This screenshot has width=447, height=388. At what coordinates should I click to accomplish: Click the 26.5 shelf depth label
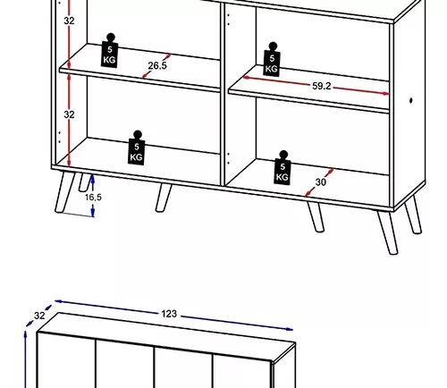[x=157, y=65]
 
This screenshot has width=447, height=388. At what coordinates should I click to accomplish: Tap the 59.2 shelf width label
[x=322, y=86]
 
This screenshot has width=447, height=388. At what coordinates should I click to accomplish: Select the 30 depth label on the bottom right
[x=320, y=181]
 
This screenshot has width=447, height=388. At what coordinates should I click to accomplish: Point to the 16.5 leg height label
[x=93, y=197]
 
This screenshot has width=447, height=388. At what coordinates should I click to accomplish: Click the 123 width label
[x=169, y=314]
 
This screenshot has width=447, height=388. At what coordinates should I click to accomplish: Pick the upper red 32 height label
[x=69, y=21]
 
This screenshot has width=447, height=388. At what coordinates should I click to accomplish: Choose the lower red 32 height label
[x=69, y=114]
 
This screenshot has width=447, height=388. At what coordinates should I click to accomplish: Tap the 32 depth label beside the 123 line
[x=39, y=316]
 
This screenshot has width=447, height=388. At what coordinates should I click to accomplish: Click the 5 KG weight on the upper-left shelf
[x=110, y=51]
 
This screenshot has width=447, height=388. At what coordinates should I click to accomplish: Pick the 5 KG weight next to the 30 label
[x=283, y=168]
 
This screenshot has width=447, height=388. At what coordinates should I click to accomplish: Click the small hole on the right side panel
[x=411, y=101]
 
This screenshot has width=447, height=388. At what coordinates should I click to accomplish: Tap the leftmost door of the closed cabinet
[x=66, y=361]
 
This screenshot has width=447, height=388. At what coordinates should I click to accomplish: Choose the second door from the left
[x=125, y=365]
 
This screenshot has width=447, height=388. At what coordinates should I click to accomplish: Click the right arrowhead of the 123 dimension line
[x=289, y=329]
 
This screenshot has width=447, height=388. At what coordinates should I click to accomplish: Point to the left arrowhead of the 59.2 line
[x=247, y=78]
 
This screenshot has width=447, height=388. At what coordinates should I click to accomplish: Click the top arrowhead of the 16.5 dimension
[x=93, y=178]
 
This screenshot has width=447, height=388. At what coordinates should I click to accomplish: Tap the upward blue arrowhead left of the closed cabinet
[x=26, y=335]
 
